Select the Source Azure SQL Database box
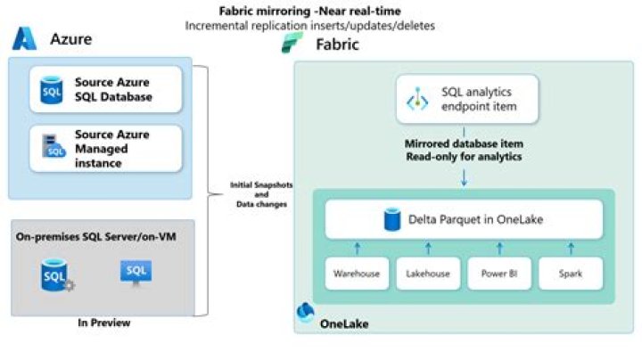click(105, 89)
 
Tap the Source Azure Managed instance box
click(105, 148)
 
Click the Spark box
click(571, 274)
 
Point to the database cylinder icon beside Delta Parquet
click(389, 218)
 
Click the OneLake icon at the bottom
click(305, 314)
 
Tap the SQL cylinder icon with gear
click(54, 275)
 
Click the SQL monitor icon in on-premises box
click(136, 274)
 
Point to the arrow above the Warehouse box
click(358, 248)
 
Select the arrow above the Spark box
click(571, 248)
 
